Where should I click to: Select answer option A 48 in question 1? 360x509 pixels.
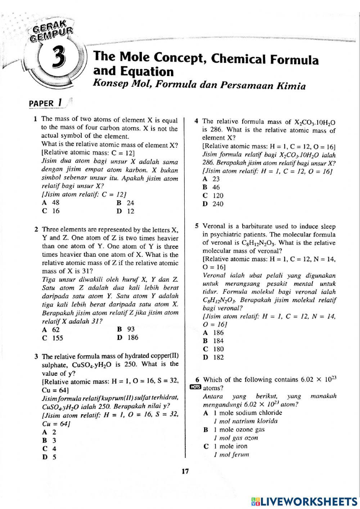coord(51,203)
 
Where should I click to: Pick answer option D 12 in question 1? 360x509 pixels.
coord(126,211)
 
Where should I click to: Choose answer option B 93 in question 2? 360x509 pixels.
coord(126,329)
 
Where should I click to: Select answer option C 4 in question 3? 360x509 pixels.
coord(49,449)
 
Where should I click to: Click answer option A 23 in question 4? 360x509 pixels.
coord(211,179)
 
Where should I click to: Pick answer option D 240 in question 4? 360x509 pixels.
coord(213,204)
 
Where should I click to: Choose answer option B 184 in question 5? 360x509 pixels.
coord(213,341)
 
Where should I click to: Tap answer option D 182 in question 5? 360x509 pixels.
coord(213,357)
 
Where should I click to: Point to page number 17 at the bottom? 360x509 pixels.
coord(185,471)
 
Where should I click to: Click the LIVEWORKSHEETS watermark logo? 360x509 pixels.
coord(304,501)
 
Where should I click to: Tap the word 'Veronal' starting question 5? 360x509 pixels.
coord(215,227)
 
